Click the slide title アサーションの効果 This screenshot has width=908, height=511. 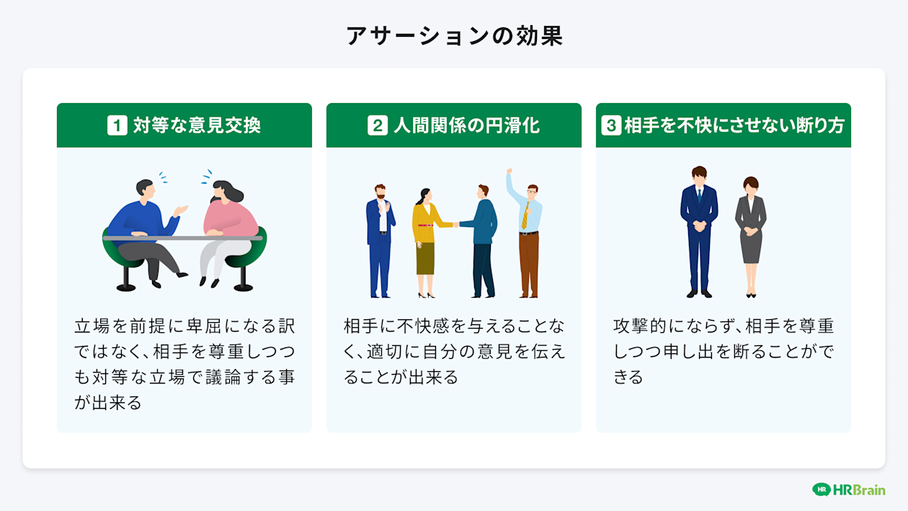pyautogui.click(x=454, y=36)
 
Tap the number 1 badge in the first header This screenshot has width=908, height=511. pyautogui.click(x=117, y=125)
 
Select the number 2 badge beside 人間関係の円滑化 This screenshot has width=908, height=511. pyautogui.click(x=377, y=125)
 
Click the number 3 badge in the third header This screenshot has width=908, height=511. pyautogui.click(x=610, y=125)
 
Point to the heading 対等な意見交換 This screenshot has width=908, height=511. pyautogui.click(x=197, y=125)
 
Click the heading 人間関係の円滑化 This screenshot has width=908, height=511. pyautogui.click(x=466, y=125)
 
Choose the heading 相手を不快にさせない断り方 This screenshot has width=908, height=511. pyautogui.click(x=734, y=125)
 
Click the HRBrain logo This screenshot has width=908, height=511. pyautogui.click(x=848, y=490)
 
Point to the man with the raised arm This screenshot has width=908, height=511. pyautogui.click(x=528, y=231)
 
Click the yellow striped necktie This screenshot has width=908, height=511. pyautogui.click(x=525, y=215)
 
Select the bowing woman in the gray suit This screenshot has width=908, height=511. pyautogui.click(x=751, y=231)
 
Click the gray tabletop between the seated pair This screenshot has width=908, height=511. pyautogui.click(x=183, y=238)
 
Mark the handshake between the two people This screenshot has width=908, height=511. pyautogui.click(x=456, y=224)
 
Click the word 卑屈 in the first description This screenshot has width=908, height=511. pyautogui.click(x=205, y=326)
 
